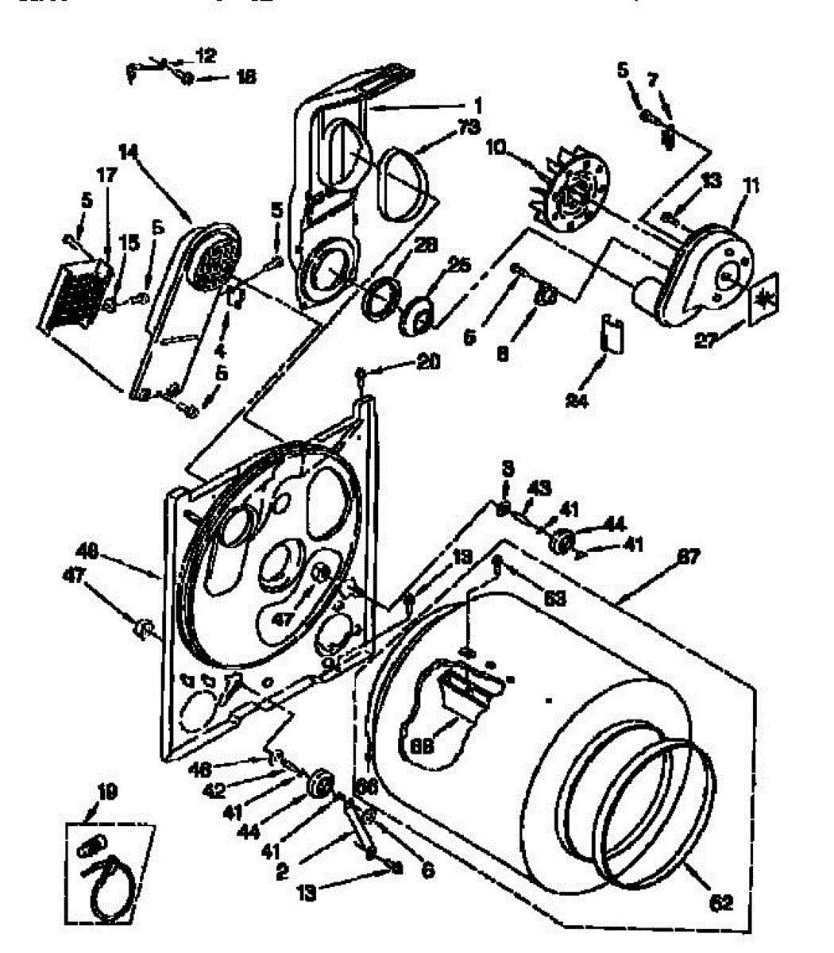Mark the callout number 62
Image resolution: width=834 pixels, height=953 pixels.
[x=721, y=902]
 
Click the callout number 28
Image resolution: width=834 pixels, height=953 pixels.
[x=427, y=247]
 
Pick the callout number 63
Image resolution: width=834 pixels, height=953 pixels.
[x=555, y=599]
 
